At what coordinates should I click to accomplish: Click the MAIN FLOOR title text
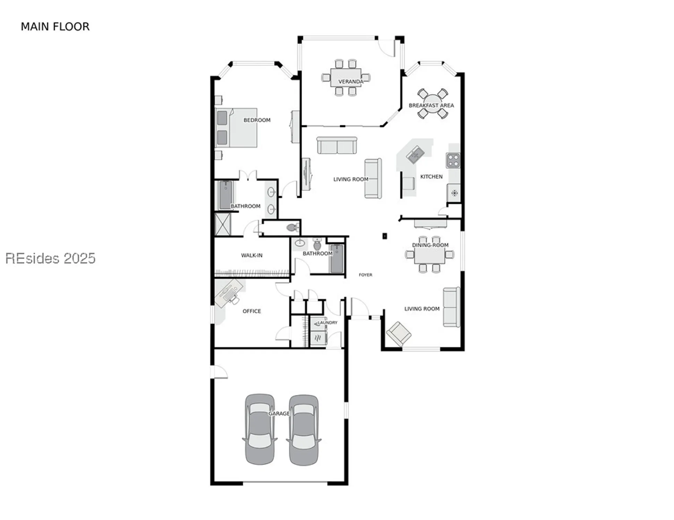[55, 27]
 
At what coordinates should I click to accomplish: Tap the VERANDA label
[350, 82]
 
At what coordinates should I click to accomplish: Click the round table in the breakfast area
[432, 104]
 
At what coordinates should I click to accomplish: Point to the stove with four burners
[453, 161]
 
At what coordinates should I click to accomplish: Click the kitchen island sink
[415, 154]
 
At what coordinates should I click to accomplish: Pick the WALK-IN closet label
[251, 255]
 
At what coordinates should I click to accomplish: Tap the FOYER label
[365, 275]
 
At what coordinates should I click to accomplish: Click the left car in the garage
[260, 429]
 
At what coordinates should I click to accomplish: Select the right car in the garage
[304, 430]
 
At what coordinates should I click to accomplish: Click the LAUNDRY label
[327, 322]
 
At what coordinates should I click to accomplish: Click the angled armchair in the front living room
[399, 333]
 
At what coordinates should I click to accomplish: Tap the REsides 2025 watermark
[50, 259]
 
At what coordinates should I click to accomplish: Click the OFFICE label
[251, 311]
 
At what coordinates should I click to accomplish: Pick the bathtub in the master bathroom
[225, 195]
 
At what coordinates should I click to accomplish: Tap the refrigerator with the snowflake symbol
[454, 193]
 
